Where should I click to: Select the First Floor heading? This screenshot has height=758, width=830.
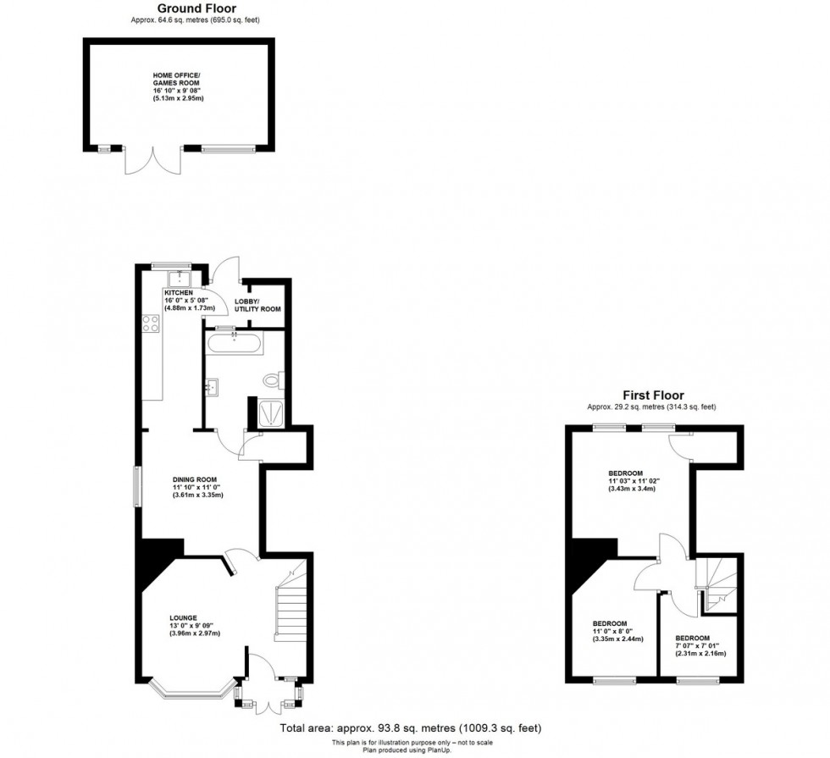pos(653,395)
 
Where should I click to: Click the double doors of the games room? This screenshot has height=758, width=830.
pos(153,160)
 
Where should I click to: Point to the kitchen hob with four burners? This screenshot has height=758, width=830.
pos(152,323)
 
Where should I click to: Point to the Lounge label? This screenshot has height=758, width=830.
pos(183,623)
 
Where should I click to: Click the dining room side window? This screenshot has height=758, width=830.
pos(137,486)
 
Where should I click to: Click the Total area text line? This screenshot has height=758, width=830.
pos(410,728)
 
